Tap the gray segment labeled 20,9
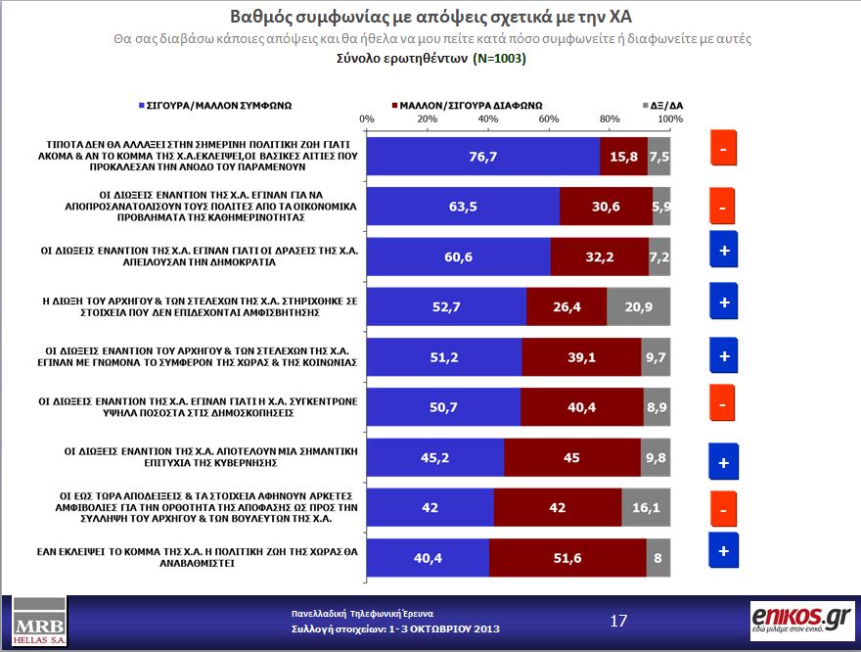pos(638,305)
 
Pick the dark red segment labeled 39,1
pos(581,356)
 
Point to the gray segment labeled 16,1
pos(646,506)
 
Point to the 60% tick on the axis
pos(549,118)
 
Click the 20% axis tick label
pos(428,118)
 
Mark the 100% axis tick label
pos(670,118)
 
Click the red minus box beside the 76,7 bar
pos(722,150)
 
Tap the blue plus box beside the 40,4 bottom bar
pos(723,550)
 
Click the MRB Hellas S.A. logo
pos(35,621)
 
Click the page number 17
pos(618,621)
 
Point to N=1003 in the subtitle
pos(499,59)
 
